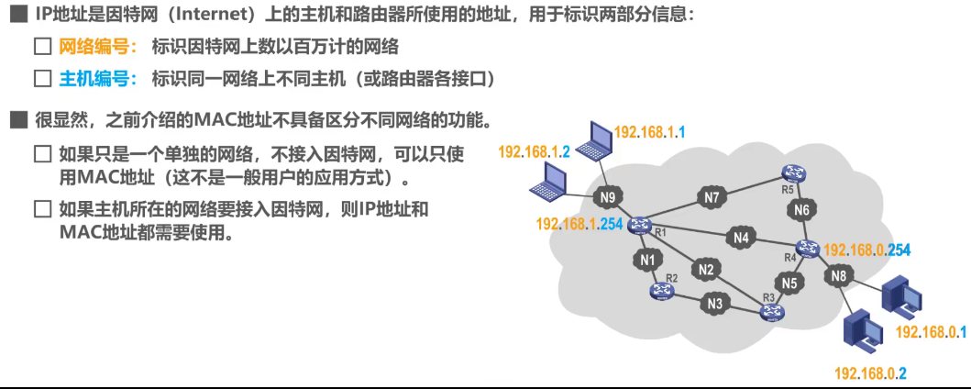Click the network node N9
[x=605, y=196]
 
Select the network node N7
[x=712, y=196]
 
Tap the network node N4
[x=741, y=239]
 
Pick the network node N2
[x=705, y=270]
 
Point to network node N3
[x=714, y=303]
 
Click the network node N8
[x=839, y=274]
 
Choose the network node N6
[x=802, y=210]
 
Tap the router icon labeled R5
[x=793, y=173]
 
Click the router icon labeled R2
[x=661, y=291]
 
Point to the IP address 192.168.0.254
[x=866, y=250]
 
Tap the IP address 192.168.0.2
[x=870, y=373]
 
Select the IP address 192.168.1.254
[x=579, y=224]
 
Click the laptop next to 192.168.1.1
[x=598, y=140]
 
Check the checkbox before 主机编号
[x=42, y=79]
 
